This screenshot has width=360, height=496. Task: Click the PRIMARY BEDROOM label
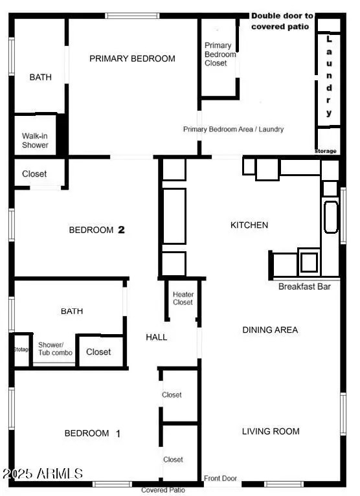click(132, 58)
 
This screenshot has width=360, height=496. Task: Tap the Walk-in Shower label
click(35, 141)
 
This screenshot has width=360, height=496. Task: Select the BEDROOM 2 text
click(96, 230)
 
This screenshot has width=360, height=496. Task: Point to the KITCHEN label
click(249, 225)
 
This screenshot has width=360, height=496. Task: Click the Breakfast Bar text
click(304, 286)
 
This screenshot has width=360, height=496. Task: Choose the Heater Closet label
click(183, 299)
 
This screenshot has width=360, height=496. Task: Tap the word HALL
click(157, 337)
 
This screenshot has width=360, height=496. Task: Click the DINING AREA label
click(270, 330)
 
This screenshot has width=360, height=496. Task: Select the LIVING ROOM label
click(271, 431)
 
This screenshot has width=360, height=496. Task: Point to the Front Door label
click(221, 479)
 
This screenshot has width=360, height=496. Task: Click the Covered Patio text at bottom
click(163, 490)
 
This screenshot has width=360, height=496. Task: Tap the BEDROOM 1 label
click(93, 433)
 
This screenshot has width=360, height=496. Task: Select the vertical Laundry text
click(329, 76)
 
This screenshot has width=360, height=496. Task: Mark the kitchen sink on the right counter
click(330, 217)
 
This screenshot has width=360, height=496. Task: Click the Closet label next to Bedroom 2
click(34, 174)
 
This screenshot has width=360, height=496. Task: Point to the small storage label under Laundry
click(326, 151)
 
